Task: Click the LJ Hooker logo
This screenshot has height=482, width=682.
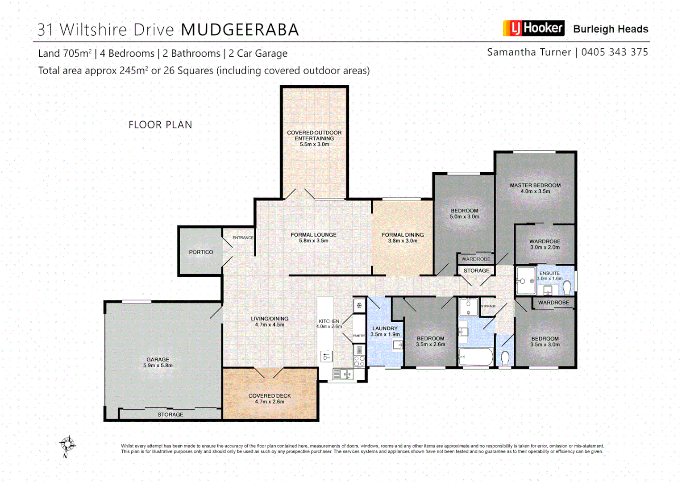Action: click(x=533, y=28)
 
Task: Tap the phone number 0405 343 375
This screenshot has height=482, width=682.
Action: click(x=614, y=52)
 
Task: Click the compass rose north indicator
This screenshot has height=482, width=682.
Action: click(x=67, y=445)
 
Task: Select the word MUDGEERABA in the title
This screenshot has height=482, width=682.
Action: click(x=240, y=30)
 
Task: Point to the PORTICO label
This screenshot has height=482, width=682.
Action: click(x=201, y=252)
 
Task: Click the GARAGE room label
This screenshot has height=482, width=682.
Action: click(x=158, y=359)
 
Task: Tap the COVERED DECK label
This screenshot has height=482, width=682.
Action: click(x=270, y=396)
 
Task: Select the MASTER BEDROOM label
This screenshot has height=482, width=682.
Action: click(x=535, y=185)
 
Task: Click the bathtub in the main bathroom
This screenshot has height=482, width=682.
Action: click(x=476, y=357)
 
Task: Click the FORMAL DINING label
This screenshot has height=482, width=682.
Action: click(x=403, y=235)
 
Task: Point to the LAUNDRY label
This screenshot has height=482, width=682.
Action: click(x=385, y=328)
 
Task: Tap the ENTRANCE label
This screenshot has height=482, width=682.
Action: click(x=243, y=238)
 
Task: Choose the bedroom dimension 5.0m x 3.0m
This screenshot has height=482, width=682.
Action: click(x=464, y=217)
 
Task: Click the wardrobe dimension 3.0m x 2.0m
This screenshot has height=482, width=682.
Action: click(x=545, y=247)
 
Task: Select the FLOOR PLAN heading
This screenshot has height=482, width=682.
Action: click(x=160, y=125)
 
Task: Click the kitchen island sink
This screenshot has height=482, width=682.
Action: click(x=326, y=357)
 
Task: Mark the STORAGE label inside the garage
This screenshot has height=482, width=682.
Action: click(x=170, y=415)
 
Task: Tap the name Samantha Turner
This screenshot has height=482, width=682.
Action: click(x=529, y=52)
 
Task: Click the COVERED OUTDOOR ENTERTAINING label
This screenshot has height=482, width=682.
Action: click(x=314, y=136)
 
